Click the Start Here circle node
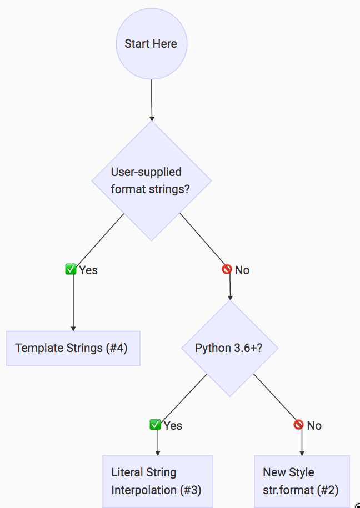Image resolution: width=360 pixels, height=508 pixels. tap(151, 44)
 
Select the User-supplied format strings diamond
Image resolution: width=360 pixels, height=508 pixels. tap(151, 180)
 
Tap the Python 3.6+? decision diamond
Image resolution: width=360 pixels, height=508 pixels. tap(229, 348)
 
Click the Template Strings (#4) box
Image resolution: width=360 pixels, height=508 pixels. tap(73, 348)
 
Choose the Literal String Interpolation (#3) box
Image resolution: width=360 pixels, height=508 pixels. tap(158, 481)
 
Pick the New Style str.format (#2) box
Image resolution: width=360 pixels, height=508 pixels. tap(302, 481)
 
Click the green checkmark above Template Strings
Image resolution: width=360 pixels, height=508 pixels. tap(71, 270)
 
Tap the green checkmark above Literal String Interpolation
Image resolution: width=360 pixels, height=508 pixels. tap(156, 425)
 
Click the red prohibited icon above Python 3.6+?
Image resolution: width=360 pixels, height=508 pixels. tap(227, 270)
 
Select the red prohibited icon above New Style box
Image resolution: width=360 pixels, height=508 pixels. tap(299, 425)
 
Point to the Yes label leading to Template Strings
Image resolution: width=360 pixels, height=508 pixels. tap(88, 270)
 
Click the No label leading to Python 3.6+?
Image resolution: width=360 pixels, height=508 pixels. tap(242, 270)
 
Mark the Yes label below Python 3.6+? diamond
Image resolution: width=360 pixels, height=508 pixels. tap(173, 426)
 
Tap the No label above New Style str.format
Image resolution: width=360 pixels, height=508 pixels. tap(314, 426)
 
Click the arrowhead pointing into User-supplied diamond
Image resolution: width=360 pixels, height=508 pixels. tap(152, 118)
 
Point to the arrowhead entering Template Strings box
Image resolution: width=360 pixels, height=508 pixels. tap(73, 328)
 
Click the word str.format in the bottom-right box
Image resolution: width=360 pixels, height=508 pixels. tap(288, 490)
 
